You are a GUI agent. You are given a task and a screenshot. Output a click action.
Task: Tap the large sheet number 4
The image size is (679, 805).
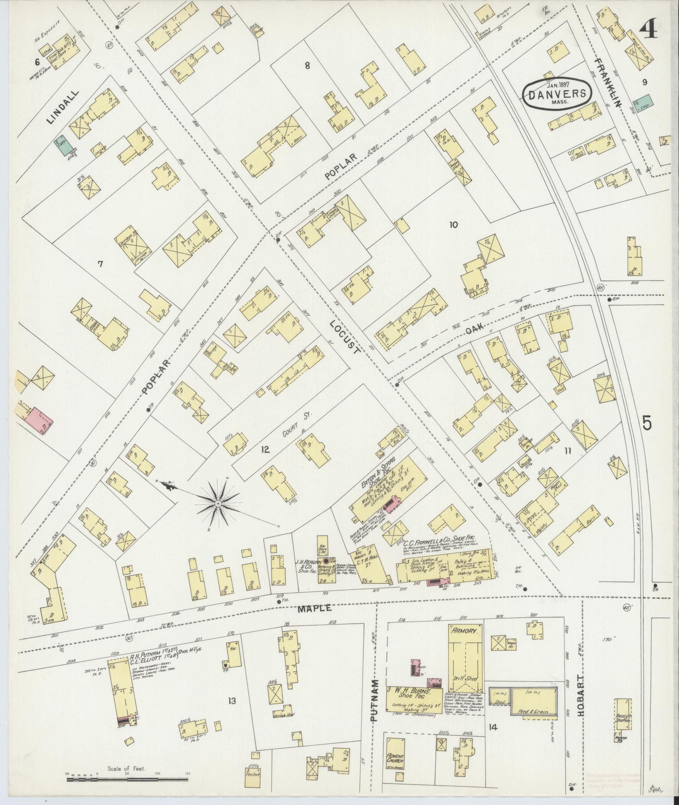(649, 30)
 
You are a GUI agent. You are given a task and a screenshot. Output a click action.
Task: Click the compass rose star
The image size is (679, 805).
(218, 504)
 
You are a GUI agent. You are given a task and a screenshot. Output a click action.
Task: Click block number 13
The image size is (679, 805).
(232, 701)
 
